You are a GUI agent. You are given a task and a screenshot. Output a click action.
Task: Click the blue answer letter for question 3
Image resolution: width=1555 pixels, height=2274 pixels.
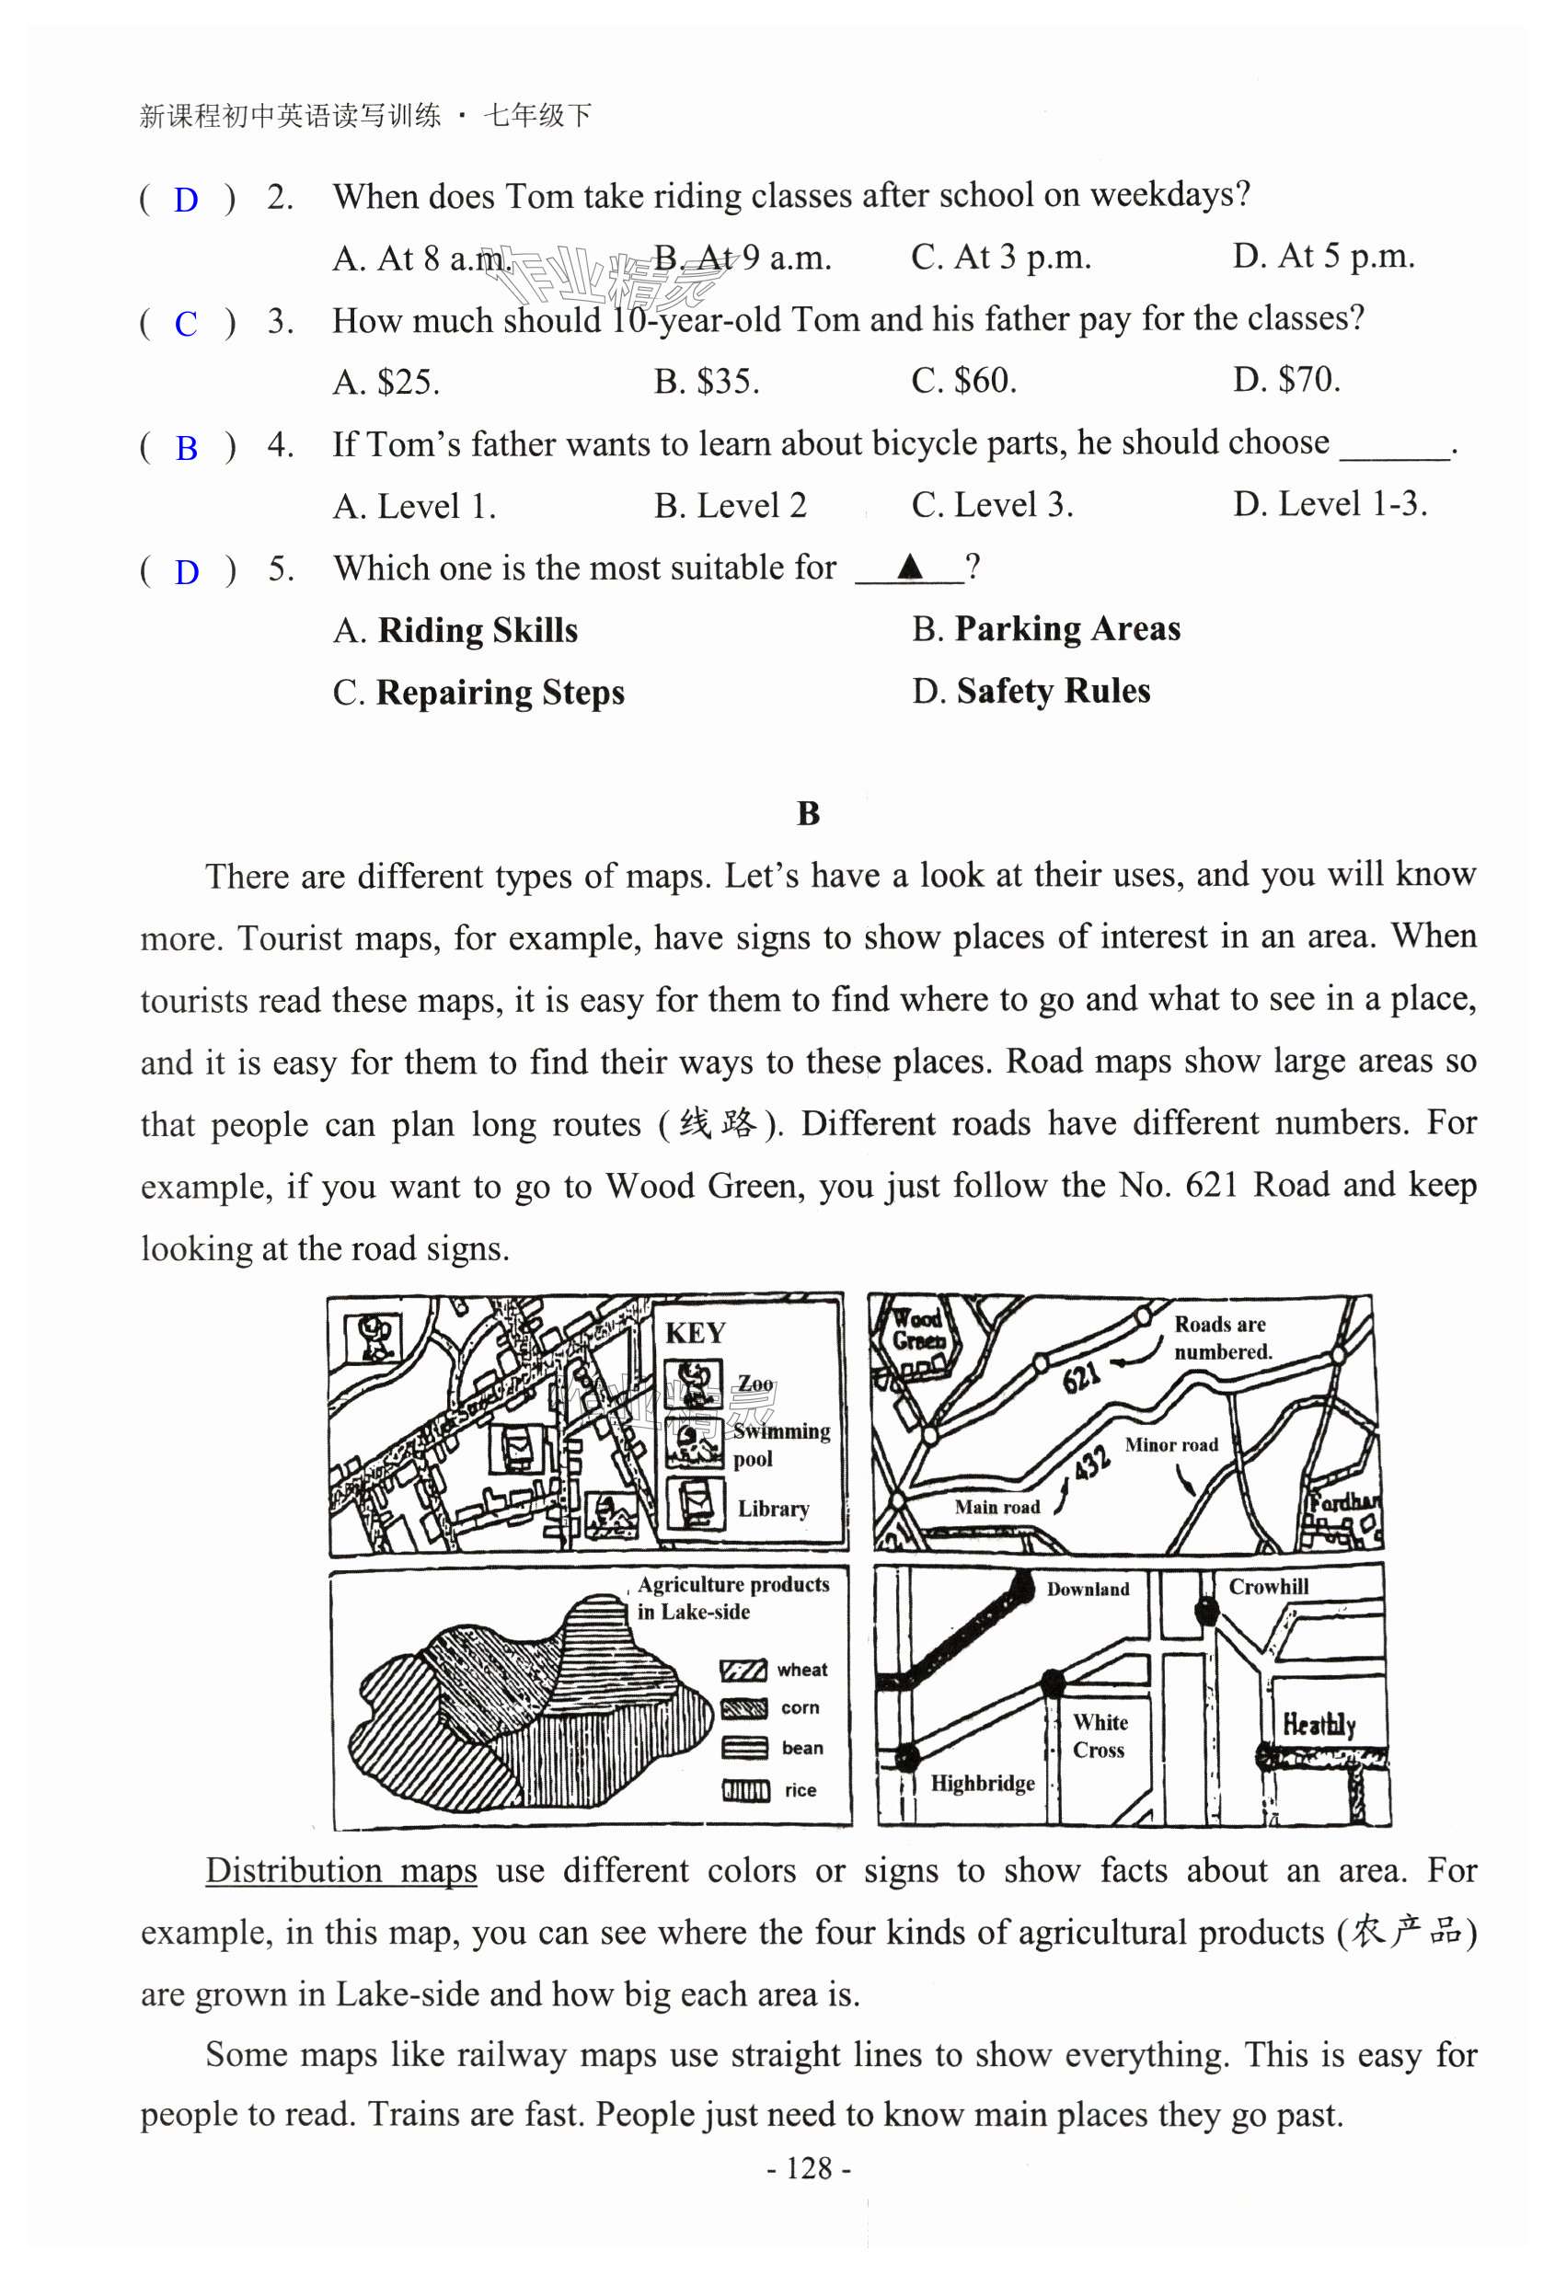(186, 324)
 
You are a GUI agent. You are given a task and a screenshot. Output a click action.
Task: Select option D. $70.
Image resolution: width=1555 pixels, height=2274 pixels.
(1286, 380)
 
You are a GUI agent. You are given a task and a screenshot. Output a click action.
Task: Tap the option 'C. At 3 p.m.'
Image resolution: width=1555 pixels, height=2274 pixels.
(1000, 258)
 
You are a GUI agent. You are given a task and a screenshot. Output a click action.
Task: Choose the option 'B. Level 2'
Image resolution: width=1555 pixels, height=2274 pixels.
(730, 506)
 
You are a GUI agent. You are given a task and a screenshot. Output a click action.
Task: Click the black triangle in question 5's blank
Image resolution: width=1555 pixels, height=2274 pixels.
(910, 566)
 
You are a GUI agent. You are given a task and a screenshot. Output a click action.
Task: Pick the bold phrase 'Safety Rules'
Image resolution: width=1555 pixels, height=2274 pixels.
(1053, 691)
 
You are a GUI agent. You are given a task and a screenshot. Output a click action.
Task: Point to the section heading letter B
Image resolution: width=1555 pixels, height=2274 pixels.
(809, 813)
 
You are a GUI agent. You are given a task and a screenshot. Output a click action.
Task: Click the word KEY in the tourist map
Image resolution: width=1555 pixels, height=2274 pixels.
(695, 1334)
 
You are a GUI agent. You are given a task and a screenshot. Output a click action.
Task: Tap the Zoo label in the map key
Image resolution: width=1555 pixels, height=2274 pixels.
(754, 1384)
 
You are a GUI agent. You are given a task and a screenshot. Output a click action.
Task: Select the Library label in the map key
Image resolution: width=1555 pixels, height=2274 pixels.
(773, 1508)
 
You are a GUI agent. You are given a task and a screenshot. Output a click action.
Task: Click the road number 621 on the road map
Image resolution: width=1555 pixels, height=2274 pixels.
(1081, 1377)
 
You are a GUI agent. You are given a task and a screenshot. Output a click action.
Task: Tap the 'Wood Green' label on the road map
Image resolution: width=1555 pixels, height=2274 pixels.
(918, 1328)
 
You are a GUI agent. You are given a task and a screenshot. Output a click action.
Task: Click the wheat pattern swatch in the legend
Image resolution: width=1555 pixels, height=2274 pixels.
(743, 1671)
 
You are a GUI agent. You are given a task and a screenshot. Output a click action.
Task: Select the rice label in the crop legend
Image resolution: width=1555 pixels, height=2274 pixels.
(800, 1789)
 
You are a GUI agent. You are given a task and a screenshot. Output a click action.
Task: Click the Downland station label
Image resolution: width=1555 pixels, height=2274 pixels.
(1088, 1589)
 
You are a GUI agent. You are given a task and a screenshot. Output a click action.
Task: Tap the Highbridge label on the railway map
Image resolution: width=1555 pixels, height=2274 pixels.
(982, 1783)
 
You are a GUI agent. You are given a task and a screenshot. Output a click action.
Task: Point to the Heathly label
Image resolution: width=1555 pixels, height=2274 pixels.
(1319, 1723)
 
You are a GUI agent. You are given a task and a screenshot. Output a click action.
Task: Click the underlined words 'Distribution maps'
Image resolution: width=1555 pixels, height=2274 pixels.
(340, 1870)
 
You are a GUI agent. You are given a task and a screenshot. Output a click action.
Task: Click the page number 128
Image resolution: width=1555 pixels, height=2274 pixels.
(810, 2168)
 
